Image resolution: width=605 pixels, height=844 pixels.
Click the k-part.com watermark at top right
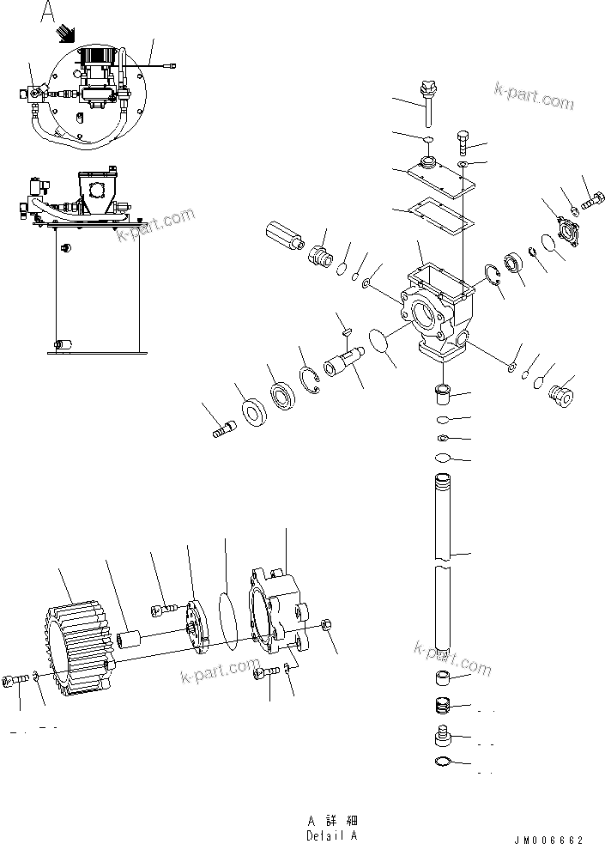pyautogui.click(x=534, y=96)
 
